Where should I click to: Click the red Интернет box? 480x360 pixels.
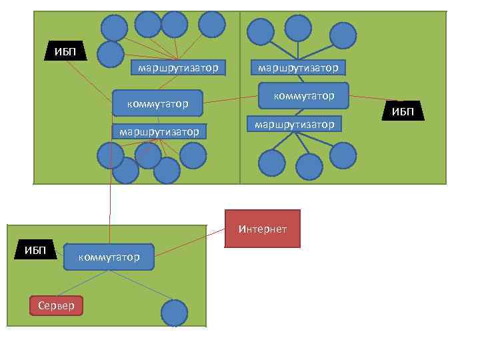(263, 229)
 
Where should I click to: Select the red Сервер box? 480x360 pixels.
(57, 305)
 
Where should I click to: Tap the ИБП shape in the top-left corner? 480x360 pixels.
(65, 51)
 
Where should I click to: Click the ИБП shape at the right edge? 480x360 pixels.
(403, 111)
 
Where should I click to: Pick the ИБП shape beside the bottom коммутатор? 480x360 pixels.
(35, 250)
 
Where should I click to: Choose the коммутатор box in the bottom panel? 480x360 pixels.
(109, 257)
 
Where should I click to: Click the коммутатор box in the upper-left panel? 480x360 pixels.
(157, 103)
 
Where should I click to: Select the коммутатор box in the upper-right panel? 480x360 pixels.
(303, 95)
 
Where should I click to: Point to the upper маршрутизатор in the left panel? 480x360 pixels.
(178, 67)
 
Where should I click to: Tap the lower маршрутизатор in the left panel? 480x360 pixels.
(159, 131)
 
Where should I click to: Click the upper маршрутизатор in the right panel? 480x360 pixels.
(297, 67)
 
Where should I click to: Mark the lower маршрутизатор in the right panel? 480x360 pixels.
(294, 124)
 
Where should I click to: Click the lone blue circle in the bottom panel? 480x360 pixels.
(175, 313)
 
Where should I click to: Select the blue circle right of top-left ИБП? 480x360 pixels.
(111, 54)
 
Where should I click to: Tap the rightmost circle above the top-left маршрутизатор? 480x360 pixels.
(212, 24)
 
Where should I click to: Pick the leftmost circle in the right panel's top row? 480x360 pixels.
(260, 31)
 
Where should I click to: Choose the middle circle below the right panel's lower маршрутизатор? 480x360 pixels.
(309, 167)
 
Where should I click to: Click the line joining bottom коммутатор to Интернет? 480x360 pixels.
(191, 243)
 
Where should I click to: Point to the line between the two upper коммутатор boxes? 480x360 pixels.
(230, 99)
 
